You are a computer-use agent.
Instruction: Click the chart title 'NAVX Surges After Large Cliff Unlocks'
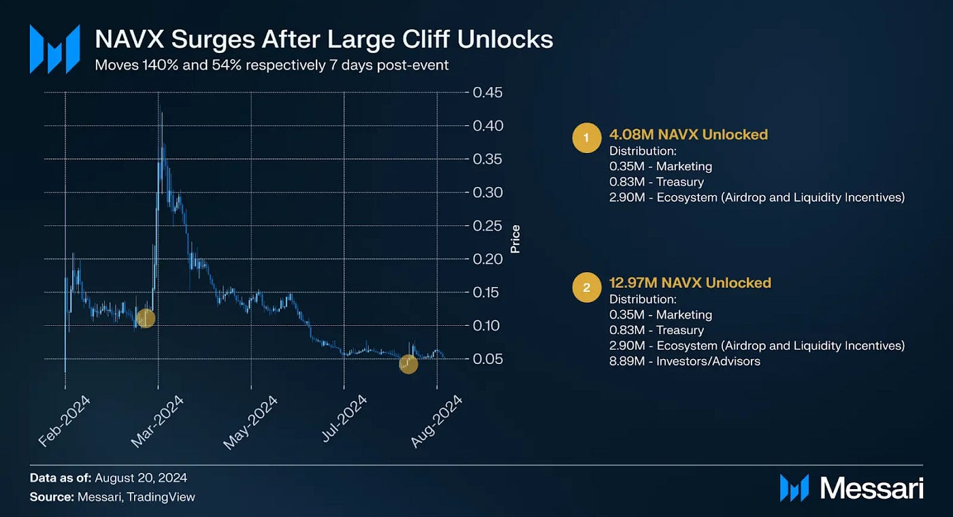(x=323, y=39)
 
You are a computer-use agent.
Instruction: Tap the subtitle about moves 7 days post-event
(x=272, y=65)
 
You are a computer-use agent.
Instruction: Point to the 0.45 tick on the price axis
(x=487, y=93)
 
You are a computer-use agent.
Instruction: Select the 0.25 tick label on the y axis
(x=487, y=226)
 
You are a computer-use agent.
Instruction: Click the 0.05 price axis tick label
(x=487, y=359)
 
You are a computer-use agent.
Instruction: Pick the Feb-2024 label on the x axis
(x=64, y=421)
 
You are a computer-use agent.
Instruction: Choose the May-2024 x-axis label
(x=251, y=422)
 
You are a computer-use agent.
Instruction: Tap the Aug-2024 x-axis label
(x=436, y=421)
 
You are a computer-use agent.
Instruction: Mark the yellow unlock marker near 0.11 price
(x=145, y=318)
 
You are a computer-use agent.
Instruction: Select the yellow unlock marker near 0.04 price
(x=408, y=365)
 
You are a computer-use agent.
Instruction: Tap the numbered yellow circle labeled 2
(x=586, y=288)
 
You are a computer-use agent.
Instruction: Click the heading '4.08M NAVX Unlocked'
(x=688, y=135)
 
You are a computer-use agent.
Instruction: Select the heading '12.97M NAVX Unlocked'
(x=690, y=283)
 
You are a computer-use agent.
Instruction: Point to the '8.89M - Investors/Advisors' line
(x=684, y=361)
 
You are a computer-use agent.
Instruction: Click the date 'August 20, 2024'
(x=141, y=478)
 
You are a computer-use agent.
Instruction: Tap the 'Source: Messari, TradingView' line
(x=112, y=497)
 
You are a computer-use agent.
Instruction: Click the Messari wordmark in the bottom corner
(x=871, y=488)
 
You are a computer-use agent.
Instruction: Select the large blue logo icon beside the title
(x=54, y=49)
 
